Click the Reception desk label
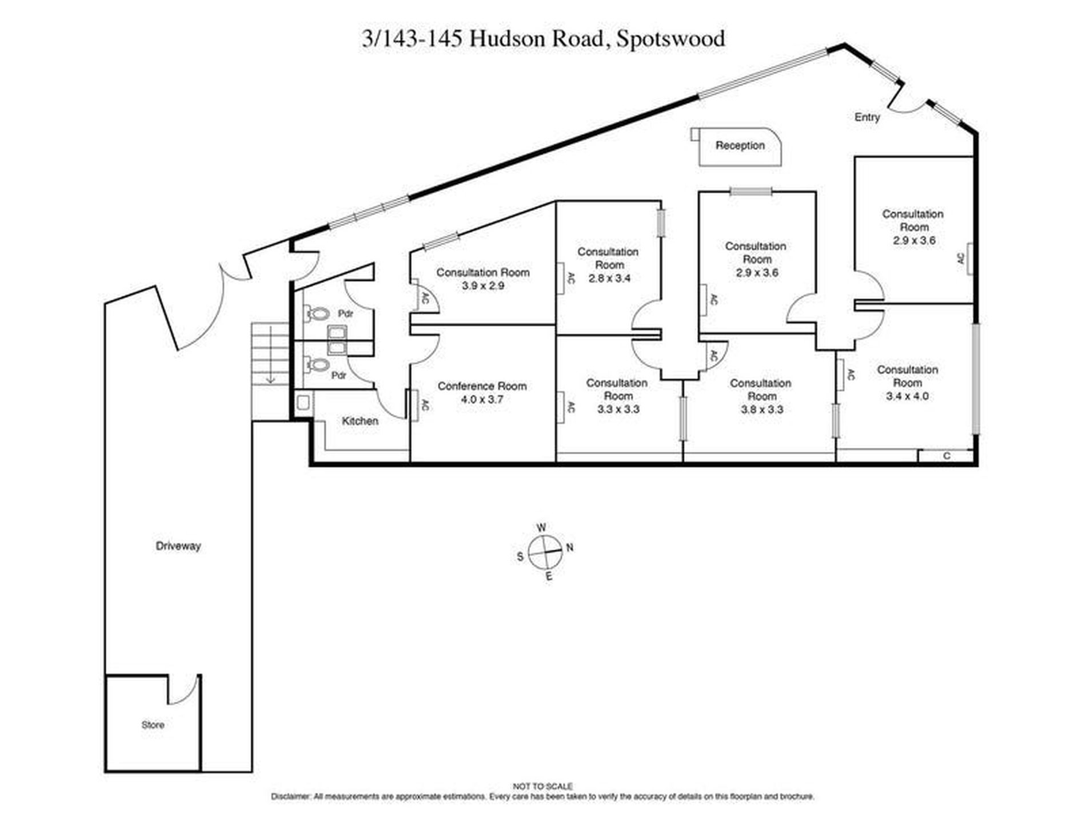(740, 145)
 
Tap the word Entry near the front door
(867, 117)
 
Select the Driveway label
(178, 546)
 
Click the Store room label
(153, 725)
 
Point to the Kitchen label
(360, 421)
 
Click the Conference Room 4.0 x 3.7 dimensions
(482, 400)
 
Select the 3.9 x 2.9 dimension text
(483, 285)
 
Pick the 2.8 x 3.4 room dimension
(609, 279)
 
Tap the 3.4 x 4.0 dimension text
(907, 396)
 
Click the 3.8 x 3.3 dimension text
(762, 410)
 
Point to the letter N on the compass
(570, 547)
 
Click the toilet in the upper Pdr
(319, 313)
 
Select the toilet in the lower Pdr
(318, 364)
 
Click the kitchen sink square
(302, 403)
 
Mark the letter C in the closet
(947, 456)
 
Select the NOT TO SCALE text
(542, 786)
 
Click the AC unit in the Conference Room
(412, 405)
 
